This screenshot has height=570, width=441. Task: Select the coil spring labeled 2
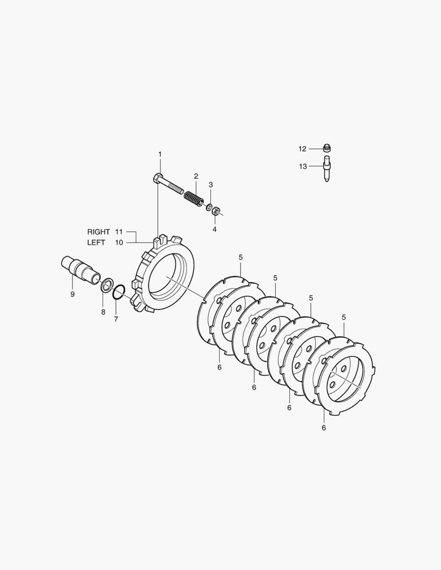point(191,198)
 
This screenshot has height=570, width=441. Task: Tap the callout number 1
point(159,155)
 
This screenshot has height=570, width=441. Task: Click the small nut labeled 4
point(215,211)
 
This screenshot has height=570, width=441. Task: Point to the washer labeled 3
point(209,207)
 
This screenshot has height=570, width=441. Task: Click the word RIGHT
point(98,232)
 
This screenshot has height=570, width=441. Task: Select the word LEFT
point(96,242)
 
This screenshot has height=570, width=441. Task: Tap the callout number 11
point(119,232)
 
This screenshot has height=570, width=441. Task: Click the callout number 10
point(119,242)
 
